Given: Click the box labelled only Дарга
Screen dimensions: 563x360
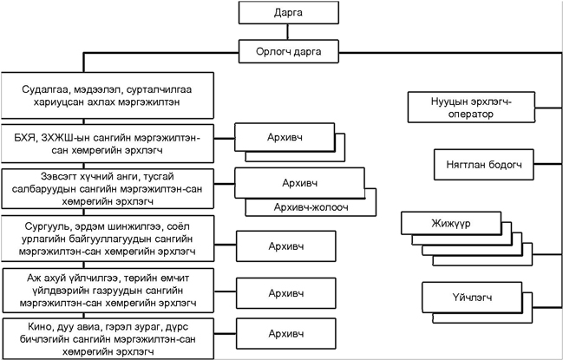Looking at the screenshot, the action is click(x=289, y=12).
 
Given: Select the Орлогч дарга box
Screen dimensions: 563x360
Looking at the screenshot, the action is click(x=289, y=51).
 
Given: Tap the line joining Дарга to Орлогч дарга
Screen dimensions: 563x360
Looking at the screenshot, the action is click(x=288, y=32).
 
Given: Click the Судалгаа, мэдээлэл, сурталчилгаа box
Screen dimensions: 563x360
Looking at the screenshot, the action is click(x=108, y=95).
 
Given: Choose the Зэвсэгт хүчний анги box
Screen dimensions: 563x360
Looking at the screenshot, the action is click(x=108, y=189).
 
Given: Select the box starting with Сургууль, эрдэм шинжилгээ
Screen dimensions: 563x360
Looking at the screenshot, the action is click(x=108, y=239).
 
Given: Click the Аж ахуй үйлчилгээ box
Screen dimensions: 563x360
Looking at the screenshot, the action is click(x=108, y=291).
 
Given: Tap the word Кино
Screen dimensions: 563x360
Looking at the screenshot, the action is click(x=40, y=327).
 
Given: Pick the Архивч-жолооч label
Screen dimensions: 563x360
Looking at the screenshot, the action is click(x=311, y=207).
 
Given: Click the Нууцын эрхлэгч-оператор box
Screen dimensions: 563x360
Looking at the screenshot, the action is click(x=471, y=108).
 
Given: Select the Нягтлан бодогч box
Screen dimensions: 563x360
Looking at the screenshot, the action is click(x=484, y=165).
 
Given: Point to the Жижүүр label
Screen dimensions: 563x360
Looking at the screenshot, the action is click(x=451, y=224).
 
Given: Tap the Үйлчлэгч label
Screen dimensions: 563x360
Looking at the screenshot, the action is click(x=472, y=298).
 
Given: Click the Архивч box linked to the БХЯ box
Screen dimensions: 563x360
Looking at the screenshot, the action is click(x=285, y=137).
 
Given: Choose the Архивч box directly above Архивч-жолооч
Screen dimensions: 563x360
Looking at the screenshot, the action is click(x=300, y=183).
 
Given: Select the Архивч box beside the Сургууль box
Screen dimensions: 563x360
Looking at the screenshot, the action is click(x=286, y=246).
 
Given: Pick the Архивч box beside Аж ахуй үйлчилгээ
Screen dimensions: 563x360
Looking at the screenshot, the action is click(x=286, y=293).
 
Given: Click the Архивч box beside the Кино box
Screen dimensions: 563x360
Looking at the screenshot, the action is click(x=286, y=334).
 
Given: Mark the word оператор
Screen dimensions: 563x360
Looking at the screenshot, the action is click(x=471, y=115).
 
